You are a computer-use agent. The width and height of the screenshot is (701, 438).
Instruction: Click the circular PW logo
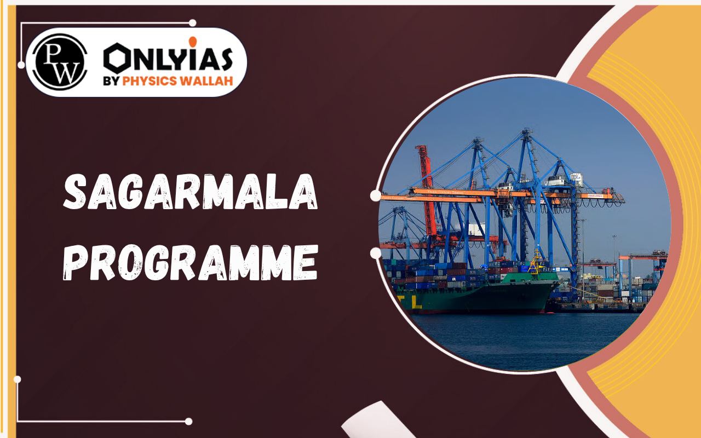point(60,62)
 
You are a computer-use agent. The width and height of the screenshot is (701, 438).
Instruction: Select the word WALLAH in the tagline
point(211,81)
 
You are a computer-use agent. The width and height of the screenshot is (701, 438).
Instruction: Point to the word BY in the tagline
point(113,81)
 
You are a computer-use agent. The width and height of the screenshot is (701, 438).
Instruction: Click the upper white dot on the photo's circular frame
point(376,195)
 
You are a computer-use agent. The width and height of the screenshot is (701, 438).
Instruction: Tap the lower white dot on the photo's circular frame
point(376,253)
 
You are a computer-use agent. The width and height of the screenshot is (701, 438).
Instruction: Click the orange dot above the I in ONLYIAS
point(192,42)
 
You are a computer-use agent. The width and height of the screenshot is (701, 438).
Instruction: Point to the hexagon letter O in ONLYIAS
point(117,58)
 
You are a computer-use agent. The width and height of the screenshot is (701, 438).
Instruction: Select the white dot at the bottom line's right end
point(188,422)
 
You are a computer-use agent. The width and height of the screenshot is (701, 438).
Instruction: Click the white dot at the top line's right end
point(192,23)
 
